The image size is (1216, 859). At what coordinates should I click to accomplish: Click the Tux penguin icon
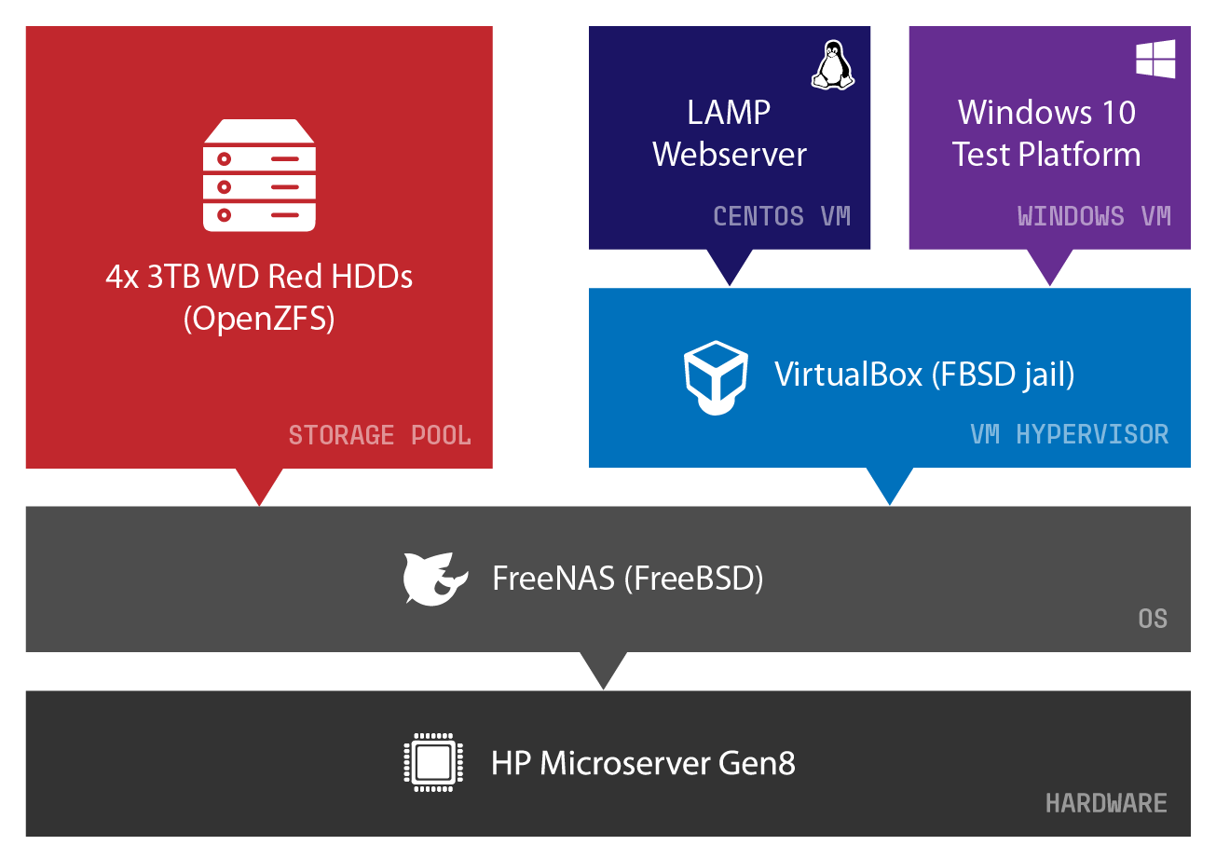(x=832, y=65)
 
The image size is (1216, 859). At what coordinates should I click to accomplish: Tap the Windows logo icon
(x=1155, y=59)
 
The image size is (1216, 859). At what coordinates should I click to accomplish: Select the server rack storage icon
(x=259, y=175)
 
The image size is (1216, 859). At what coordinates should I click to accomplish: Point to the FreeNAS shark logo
(x=434, y=579)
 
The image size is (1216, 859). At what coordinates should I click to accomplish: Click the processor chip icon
(x=432, y=763)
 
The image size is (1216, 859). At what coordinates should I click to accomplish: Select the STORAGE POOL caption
(x=379, y=435)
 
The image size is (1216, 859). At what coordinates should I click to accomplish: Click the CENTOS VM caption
(x=782, y=216)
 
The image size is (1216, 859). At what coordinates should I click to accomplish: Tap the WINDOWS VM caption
(x=1094, y=216)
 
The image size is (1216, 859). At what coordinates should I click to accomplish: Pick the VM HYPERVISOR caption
(x=1069, y=434)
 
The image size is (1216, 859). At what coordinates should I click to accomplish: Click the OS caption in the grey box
(x=1153, y=619)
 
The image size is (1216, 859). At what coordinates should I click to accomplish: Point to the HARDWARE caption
(x=1106, y=803)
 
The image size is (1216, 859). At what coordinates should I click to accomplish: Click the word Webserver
(x=730, y=155)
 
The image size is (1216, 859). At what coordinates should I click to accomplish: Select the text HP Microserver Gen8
(x=643, y=764)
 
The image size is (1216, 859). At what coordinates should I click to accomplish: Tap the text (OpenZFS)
(x=259, y=319)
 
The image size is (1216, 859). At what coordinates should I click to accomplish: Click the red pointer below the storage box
(x=259, y=484)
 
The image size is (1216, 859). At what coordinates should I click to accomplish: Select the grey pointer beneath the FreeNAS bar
(x=603, y=667)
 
